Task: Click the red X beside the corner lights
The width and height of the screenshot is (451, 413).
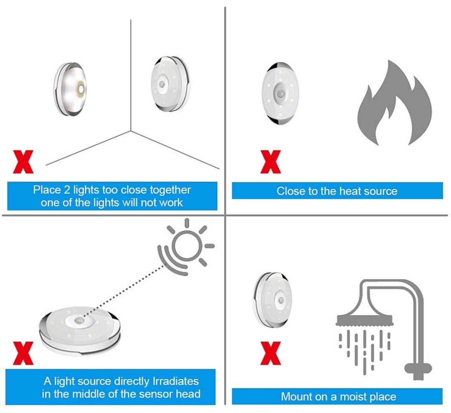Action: (23, 162)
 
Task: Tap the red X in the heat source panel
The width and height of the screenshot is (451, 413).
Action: (270, 162)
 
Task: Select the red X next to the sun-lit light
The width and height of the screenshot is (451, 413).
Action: (23, 353)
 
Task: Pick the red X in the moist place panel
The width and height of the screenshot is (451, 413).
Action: (270, 353)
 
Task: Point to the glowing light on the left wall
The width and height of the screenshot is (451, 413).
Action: (70, 89)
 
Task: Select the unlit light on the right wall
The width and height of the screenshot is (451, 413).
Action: (170, 84)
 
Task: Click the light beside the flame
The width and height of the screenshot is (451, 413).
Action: (280, 94)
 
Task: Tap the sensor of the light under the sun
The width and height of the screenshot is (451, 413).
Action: (78, 320)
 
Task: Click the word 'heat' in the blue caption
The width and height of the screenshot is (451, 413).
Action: (350, 191)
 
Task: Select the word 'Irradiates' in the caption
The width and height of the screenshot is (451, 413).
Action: (175, 381)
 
